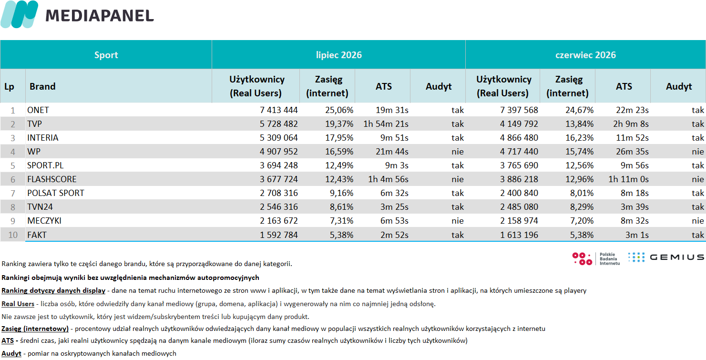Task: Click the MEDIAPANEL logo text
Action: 100,16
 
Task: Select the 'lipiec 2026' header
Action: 339,55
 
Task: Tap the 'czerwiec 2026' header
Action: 585,55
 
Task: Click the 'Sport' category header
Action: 106,55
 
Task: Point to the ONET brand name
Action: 38,110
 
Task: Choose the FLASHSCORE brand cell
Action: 51,179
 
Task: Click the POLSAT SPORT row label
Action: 56,193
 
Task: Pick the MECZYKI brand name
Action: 44,221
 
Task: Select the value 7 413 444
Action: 278,110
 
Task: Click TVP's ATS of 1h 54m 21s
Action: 386,124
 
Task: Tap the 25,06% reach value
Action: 339,110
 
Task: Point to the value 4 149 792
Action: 519,124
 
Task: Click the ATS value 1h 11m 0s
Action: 628,179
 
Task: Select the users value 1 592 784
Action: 278,235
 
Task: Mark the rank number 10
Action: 13,235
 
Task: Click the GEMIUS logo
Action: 665,257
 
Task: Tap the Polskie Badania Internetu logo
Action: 596,259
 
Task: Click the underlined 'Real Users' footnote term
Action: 18,304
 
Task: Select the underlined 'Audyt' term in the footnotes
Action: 11,354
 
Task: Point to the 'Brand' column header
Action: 42,86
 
